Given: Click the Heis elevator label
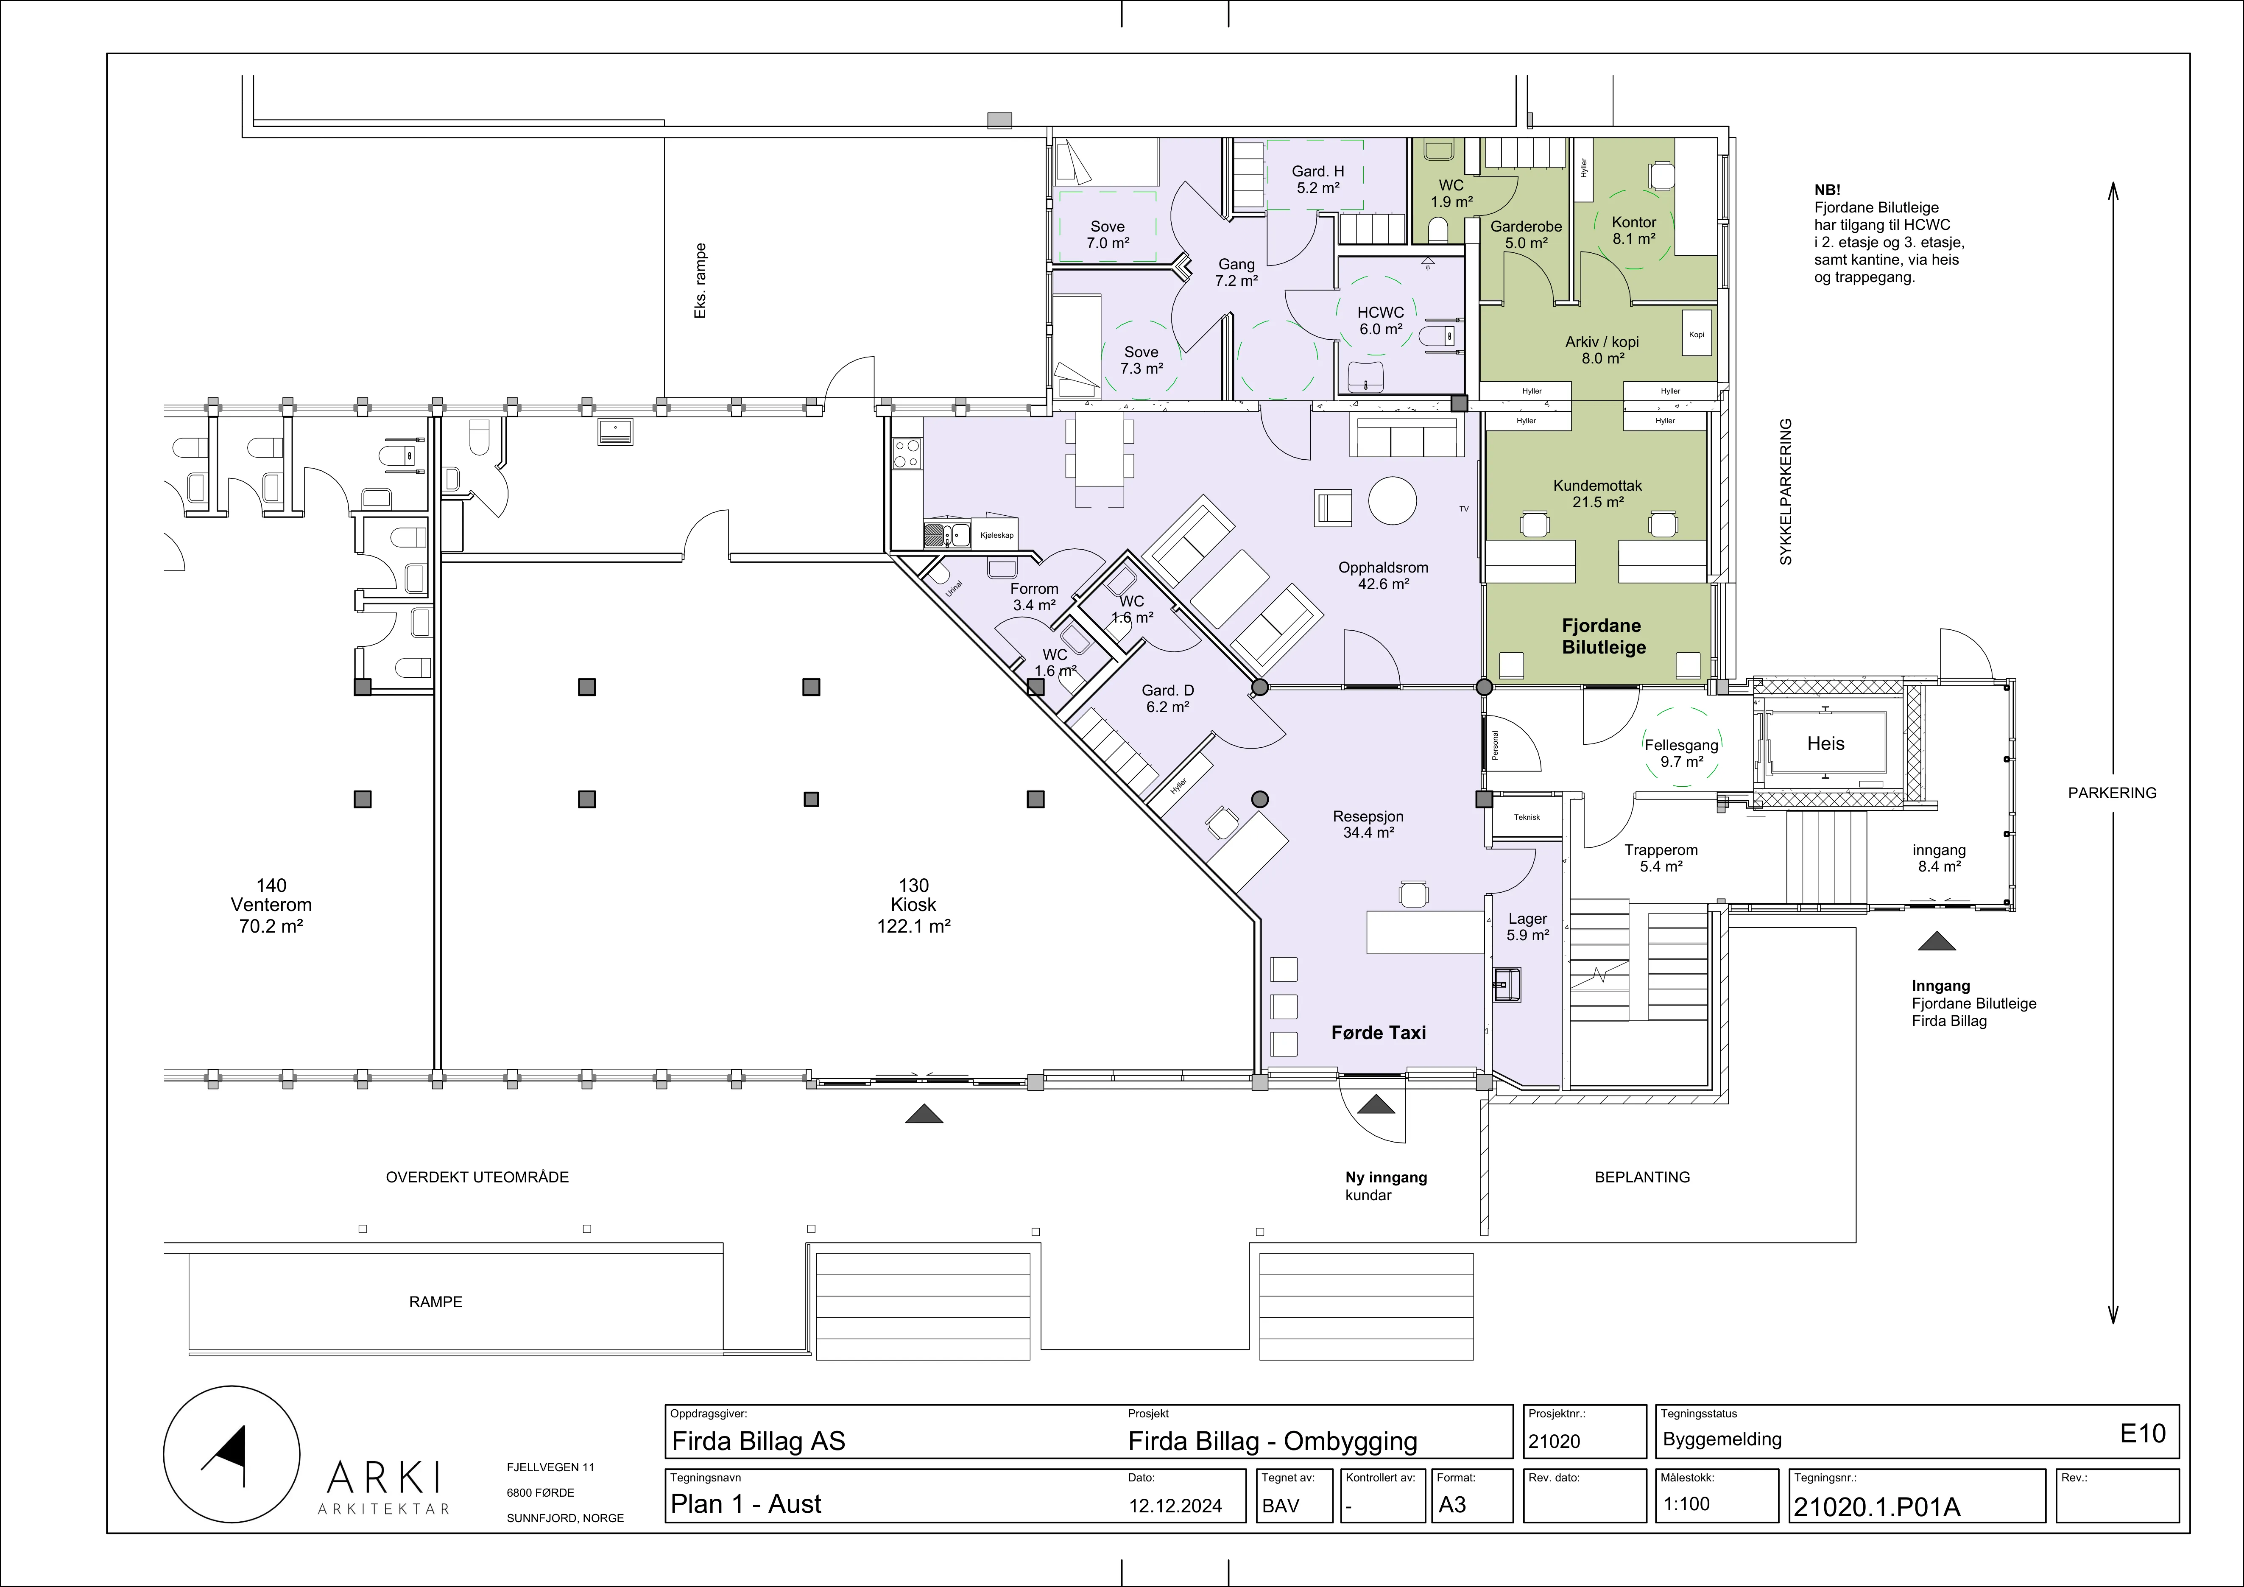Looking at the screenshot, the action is pyautogui.click(x=1825, y=743).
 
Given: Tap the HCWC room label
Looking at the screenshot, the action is pyautogui.click(x=1380, y=313).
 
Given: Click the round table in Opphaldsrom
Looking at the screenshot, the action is pyautogui.click(x=1392, y=501).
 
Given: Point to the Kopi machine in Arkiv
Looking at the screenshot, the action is pyautogui.click(x=1697, y=334).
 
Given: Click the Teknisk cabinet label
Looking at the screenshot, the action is pyautogui.click(x=1527, y=817).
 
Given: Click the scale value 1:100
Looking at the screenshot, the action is pyautogui.click(x=1687, y=1504).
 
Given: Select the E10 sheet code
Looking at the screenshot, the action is pyautogui.click(x=2142, y=1433).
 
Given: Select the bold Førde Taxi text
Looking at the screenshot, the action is pyautogui.click(x=1378, y=1033).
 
